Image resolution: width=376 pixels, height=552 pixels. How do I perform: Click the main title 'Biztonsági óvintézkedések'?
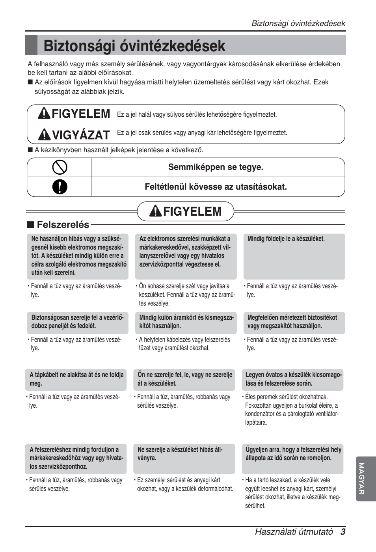click(x=134, y=46)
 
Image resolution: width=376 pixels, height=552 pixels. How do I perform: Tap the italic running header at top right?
click(x=298, y=23)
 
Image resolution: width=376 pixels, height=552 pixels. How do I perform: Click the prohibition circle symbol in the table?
click(x=60, y=167)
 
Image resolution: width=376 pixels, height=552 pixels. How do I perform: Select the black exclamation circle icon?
click(x=60, y=187)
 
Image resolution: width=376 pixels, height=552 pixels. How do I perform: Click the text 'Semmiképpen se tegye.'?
click(x=216, y=167)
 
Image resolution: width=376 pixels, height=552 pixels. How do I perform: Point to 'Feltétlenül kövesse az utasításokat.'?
click(x=216, y=187)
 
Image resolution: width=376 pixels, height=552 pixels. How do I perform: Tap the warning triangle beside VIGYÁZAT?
click(x=44, y=135)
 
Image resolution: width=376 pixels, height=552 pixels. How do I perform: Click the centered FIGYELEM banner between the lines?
click(x=186, y=212)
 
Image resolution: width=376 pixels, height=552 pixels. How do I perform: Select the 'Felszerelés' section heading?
click(x=63, y=225)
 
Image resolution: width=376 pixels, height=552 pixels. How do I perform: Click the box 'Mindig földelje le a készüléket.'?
click(x=294, y=256)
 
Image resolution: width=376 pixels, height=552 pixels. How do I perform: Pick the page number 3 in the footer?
click(x=343, y=531)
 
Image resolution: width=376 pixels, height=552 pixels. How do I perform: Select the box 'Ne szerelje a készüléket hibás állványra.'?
click(x=184, y=459)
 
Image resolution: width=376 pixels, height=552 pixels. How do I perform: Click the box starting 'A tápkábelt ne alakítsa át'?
click(x=76, y=379)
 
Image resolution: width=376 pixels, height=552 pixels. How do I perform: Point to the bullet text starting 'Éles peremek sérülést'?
click(x=292, y=410)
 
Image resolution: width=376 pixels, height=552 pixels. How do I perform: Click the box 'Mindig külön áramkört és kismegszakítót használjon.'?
click(x=186, y=322)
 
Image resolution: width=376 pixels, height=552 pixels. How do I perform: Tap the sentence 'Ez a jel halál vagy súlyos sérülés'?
click(x=197, y=115)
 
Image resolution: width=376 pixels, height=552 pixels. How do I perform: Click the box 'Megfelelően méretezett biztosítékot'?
click(x=294, y=322)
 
